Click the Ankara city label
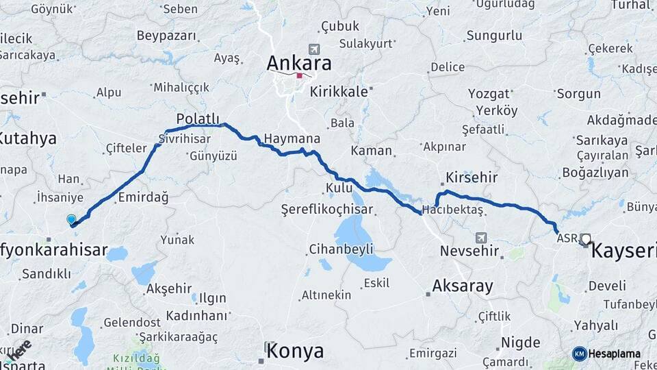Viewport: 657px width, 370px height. tap(299, 64)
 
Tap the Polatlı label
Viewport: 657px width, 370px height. tap(197, 118)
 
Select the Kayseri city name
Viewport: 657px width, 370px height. tap(623, 251)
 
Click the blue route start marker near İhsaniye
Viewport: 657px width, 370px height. tap(71, 219)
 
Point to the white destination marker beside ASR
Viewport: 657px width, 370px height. tap(585, 239)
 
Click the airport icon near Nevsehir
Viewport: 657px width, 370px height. tap(481, 237)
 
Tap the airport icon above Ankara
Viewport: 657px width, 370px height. tap(313, 49)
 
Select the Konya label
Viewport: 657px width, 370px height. tap(294, 351)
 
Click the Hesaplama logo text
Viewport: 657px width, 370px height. tap(614, 354)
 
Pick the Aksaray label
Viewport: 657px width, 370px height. tap(463, 286)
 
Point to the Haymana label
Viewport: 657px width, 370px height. tap(292, 138)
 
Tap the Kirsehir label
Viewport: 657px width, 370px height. tap(472, 177)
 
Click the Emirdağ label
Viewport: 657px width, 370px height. tap(143, 197)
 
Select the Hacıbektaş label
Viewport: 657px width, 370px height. tap(453, 208)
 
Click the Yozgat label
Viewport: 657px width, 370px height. tap(489, 93)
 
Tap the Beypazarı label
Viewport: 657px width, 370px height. tap(166, 35)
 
